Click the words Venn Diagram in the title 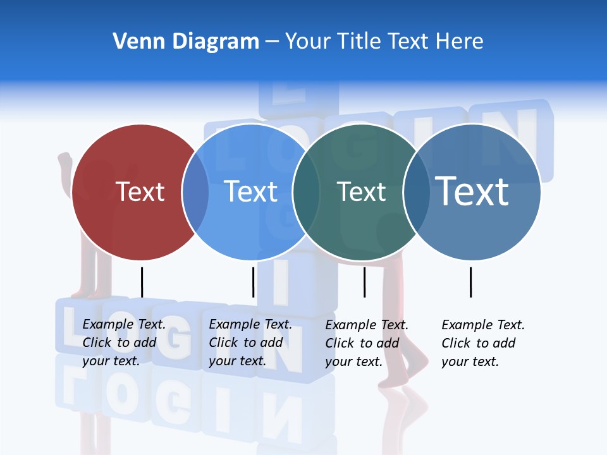tap(186, 42)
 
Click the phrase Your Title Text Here tap(384, 42)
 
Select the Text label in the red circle tap(140, 191)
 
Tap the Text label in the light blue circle tap(250, 191)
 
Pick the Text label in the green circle tap(361, 191)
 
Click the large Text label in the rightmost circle tap(472, 191)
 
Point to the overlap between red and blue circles tap(195, 192)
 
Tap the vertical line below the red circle tap(142, 282)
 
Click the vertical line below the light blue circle tap(253, 282)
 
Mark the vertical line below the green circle tap(364, 282)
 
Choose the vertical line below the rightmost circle tap(470, 282)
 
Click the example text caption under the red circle tap(124, 343)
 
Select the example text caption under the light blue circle tap(250, 343)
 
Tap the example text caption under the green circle tap(367, 343)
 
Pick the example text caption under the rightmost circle tap(483, 343)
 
